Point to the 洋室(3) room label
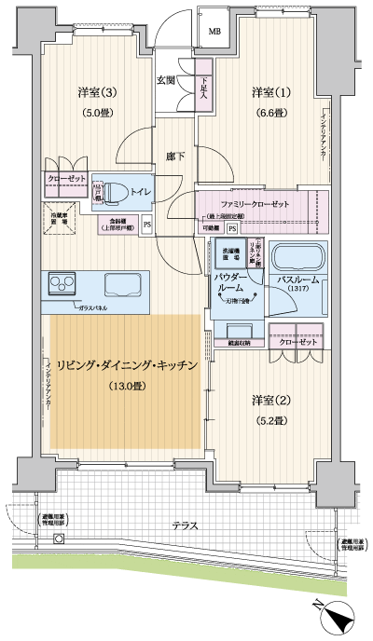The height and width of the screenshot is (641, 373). coord(97,92)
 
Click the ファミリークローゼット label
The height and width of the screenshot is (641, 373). coord(255,204)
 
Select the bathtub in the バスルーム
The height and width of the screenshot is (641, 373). coord(297,256)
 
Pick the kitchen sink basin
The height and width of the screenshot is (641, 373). coord(122,283)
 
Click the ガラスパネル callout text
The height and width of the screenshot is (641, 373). coord(98,307)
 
